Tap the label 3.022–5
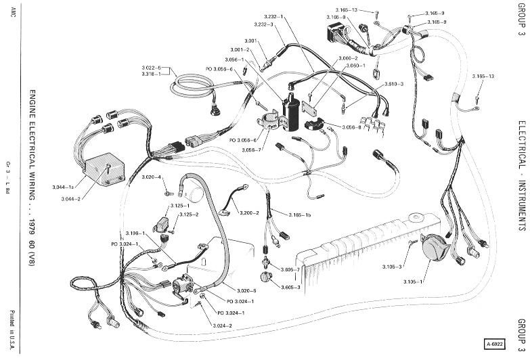(x=152, y=68)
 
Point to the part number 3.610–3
(x=394, y=83)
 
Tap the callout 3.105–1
(x=412, y=281)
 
